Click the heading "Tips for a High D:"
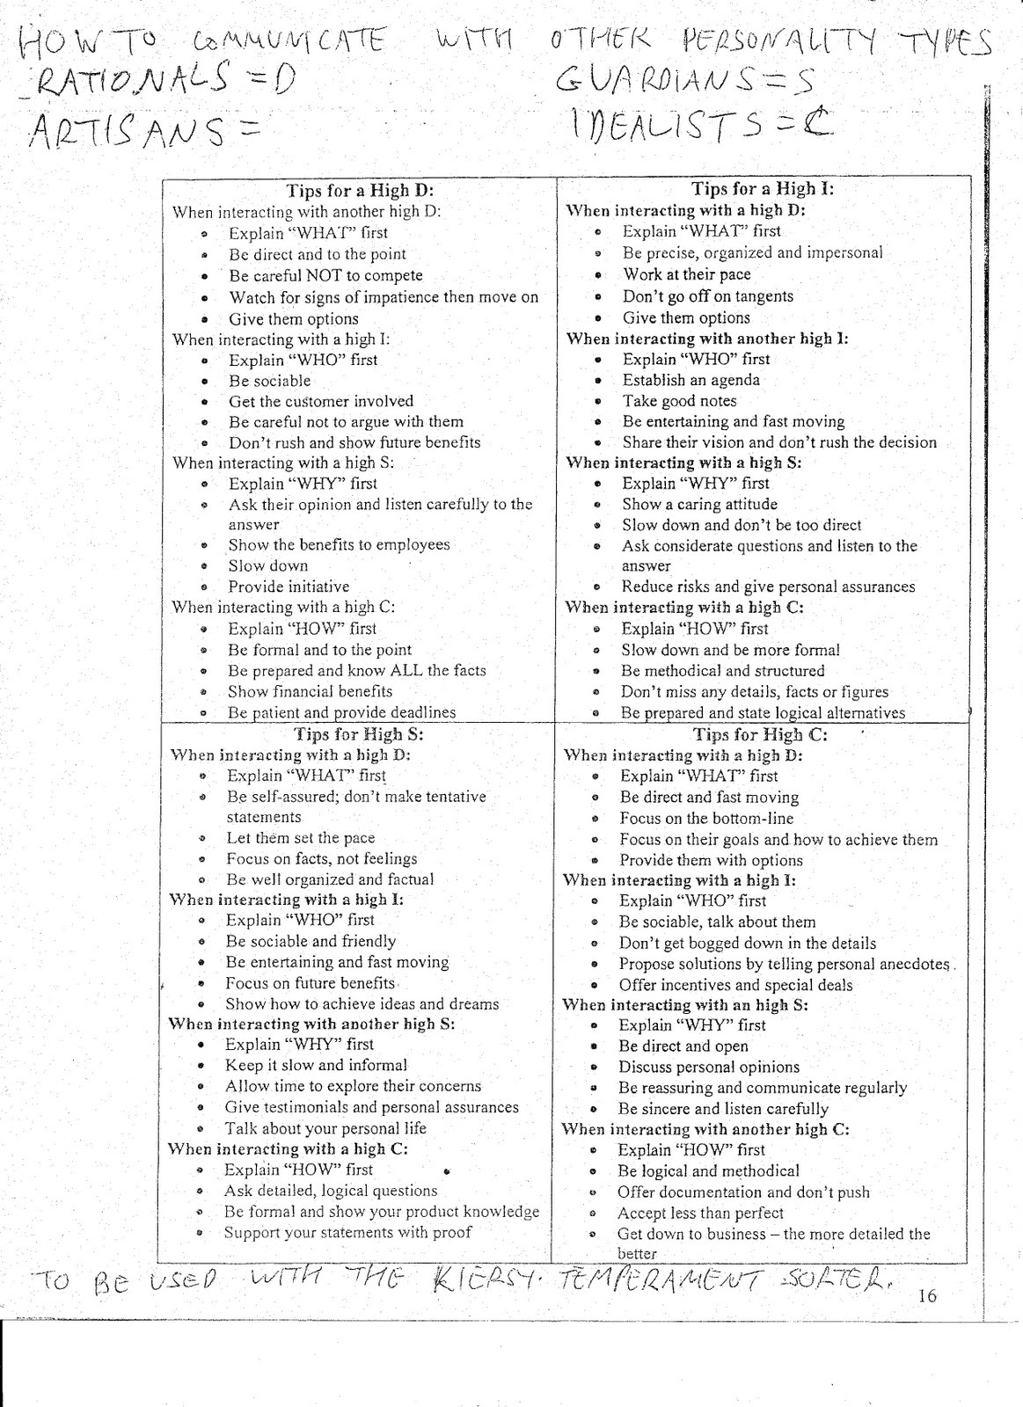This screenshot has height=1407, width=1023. pyautogui.click(x=360, y=190)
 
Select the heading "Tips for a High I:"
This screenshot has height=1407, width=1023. pyautogui.click(x=762, y=188)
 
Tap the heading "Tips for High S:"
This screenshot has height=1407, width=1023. pyautogui.click(x=358, y=734)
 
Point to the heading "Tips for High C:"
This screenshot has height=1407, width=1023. pyautogui.click(x=760, y=734)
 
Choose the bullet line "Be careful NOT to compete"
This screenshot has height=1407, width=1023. pyautogui.click(x=325, y=275)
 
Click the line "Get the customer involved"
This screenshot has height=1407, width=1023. pyautogui.click(x=320, y=401)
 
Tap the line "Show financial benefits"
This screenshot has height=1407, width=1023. pyautogui.click(x=310, y=691)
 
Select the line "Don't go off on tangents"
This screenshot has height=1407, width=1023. pyautogui.click(x=707, y=296)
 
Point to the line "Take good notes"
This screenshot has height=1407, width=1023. pyautogui.click(x=679, y=401)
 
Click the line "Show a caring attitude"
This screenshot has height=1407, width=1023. pyautogui.click(x=699, y=504)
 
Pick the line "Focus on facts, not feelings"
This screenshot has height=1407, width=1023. pyautogui.click(x=321, y=858)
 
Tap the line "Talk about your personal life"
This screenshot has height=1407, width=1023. pyautogui.click(x=325, y=1128)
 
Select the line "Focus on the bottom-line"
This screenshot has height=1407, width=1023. pyautogui.click(x=705, y=818)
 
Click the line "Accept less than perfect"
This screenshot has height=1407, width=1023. pyautogui.click(x=700, y=1213)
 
